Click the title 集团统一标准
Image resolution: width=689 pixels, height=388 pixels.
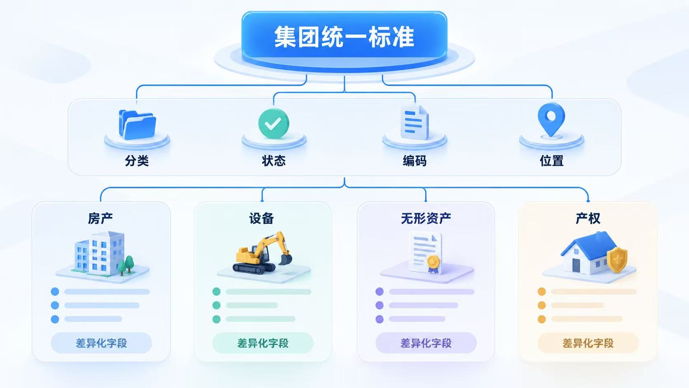pyautogui.click(x=344, y=37)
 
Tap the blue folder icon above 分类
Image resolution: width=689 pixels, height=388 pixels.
pyautogui.click(x=137, y=125)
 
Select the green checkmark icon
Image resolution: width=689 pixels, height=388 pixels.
pyautogui.click(x=274, y=123)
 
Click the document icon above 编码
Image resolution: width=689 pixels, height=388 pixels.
pyautogui.click(x=415, y=122)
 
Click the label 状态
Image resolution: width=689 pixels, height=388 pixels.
pyautogui.click(x=274, y=161)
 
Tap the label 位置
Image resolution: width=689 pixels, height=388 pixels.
pyautogui.click(x=551, y=161)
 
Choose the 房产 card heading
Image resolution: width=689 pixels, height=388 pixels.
pyautogui.click(x=100, y=219)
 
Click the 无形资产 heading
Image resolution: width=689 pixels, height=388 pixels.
pyautogui.click(x=426, y=219)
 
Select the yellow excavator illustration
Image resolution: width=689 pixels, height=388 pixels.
pyautogui.click(x=262, y=253)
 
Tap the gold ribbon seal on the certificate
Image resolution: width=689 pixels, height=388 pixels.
pyautogui.click(x=433, y=264)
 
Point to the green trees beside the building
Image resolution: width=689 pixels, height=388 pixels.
pyautogui.click(x=127, y=265)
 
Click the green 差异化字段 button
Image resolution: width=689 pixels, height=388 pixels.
pyautogui.click(x=263, y=343)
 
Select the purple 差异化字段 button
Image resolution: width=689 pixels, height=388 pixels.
pyautogui.click(x=426, y=343)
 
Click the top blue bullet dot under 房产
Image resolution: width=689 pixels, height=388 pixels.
pyautogui.click(x=55, y=292)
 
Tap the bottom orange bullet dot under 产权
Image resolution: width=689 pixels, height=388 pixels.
pyautogui.click(x=541, y=319)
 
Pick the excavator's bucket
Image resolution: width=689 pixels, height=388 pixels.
pyautogui.click(x=286, y=260)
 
